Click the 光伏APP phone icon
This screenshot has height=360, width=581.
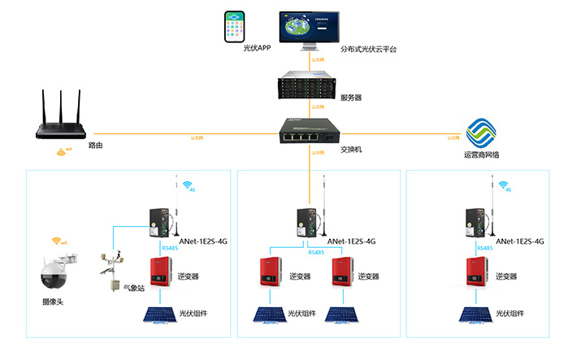(x=235, y=27)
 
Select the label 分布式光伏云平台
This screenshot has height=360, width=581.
(x=370, y=50)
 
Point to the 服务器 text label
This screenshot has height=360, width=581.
(x=351, y=98)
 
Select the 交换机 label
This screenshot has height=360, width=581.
(x=350, y=149)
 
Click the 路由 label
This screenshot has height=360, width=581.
(x=96, y=145)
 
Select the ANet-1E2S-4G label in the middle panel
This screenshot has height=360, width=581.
(x=351, y=241)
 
